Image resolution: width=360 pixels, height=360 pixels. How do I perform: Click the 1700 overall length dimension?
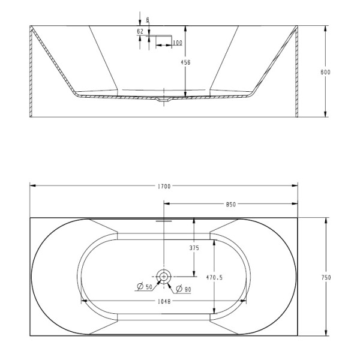point(163,186)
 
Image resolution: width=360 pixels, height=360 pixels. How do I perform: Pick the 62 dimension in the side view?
point(140,31)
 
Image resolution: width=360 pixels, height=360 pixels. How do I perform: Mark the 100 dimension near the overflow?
point(177,43)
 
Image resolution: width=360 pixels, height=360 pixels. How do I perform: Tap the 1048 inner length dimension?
point(163,302)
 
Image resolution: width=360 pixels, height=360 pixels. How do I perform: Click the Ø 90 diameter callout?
point(184,289)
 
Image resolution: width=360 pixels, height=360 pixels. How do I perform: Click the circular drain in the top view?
point(163,276)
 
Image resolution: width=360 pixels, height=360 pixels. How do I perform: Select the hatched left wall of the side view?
point(31,72)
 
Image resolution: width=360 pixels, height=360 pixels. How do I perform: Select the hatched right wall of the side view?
point(296,72)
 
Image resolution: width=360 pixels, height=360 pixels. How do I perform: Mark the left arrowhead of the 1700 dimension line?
point(32,186)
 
